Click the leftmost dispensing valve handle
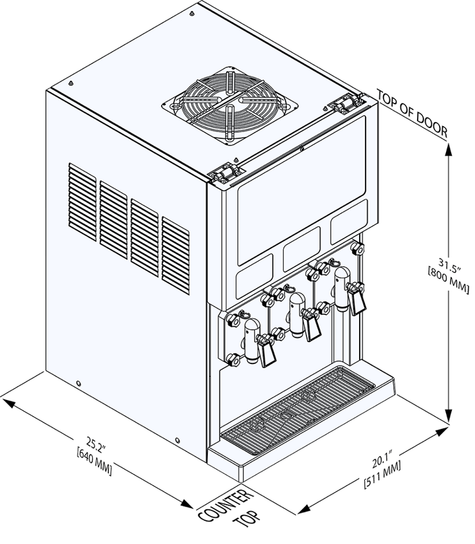pos(266,352)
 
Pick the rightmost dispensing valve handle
pos(357,301)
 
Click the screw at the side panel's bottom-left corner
pos(78,384)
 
